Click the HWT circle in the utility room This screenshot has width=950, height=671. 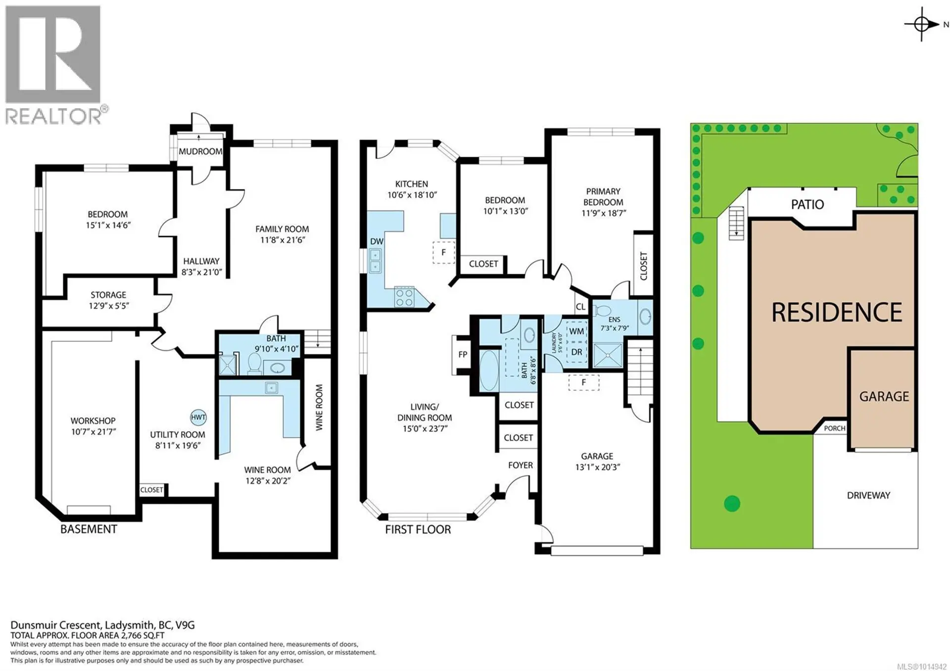click(x=198, y=417)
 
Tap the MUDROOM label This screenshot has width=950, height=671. click(x=200, y=151)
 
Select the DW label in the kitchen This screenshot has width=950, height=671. click(x=377, y=241)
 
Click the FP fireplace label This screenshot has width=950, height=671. click(x=463, y=354)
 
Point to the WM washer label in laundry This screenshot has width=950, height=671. click(x=576, y=331)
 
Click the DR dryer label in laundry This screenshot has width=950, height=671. click(x=576, y=352)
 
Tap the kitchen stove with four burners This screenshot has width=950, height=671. click(x=404, y=297)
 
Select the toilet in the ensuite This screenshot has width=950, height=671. click(x=602, y=311)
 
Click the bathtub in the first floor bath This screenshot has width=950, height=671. click(x=489, y=371)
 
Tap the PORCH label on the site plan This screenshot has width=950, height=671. click(x=834, y=428)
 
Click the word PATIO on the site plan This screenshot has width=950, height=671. click(x=807, y=204)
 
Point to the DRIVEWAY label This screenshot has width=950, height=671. click(x=868, y=495)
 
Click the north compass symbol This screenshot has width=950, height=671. click(x=922, y=24)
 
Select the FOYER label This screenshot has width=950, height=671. click(x=520, y=465)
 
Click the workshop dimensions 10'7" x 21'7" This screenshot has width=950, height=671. click(x=93, y=431)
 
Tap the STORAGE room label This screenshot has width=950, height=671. click(x=108, y=295)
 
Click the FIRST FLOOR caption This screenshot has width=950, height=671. click(x=418, y=529)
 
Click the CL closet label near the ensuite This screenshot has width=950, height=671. click(x=580, y=307)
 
